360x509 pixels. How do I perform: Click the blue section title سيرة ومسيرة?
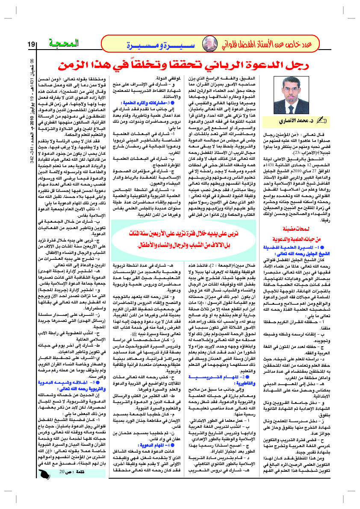click(152, 44)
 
